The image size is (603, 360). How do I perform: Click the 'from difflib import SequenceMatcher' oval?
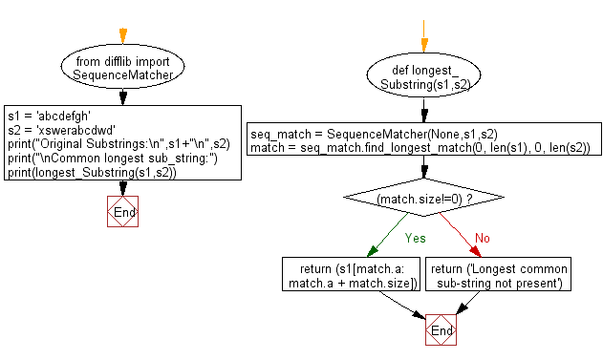point(121,66)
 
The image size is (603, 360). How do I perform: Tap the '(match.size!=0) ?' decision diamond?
point(421,199)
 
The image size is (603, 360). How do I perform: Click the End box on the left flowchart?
point(121,212)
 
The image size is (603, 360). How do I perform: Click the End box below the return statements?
point(440,330)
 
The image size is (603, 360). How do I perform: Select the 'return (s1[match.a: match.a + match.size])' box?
point(352,275)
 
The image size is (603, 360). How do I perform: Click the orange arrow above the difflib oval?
point(121,36)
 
